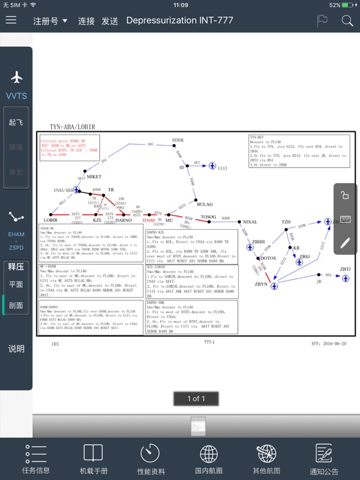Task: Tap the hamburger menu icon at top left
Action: click(x=11, y=20)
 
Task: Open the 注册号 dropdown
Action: click(x=50, y=21)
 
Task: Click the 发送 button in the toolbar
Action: click(x=110, y=21)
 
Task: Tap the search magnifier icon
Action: click(x=347, y=21)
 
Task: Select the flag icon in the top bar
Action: click(x=322, y=20)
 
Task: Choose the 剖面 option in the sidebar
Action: click(x=16, y=305)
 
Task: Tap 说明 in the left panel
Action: click(x=16, y=349)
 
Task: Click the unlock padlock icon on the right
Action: click(x=345, y=196)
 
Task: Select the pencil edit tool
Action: click(x=345, y=243)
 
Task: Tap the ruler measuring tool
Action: click(x=345, y=220)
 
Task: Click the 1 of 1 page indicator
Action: click(x=196, y=399)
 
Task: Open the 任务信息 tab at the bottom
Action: click(x=36, y=460)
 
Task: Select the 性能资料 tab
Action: click(x=150, y=460)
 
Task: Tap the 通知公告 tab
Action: click(x=324, y=460)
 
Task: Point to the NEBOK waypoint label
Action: click(x=177, y=140)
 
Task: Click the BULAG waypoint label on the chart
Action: click(x=205, y=204)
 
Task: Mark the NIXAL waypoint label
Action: click(x=250, y=222)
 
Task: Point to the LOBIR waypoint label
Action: click(x=51, y=220)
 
